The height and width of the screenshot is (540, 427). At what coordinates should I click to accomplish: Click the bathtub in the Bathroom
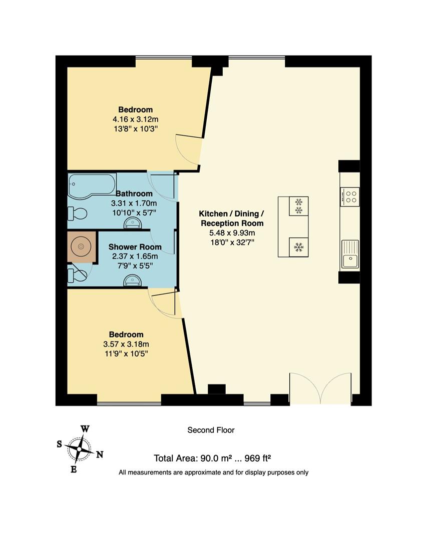coord(92,185)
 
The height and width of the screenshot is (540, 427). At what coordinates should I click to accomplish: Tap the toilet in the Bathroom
coord(77,213)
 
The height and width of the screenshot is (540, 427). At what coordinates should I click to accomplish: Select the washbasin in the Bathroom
coord(133,223)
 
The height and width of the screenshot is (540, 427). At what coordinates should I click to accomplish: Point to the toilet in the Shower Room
coord(77,275)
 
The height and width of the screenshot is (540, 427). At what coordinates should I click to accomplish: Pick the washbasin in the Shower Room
coord(133,280)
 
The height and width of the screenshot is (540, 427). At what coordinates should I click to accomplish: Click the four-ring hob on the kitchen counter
coord(350,197)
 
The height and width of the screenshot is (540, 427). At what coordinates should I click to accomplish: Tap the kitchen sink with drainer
coord(350,254)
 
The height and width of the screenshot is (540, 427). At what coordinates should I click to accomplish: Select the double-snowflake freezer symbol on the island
coord(298,206)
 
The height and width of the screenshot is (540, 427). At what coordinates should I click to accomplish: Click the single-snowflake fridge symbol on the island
coord(298,247)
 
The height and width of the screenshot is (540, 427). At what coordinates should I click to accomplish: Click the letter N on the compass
coord(100,455)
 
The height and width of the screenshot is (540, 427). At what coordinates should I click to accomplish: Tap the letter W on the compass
coord(85,429)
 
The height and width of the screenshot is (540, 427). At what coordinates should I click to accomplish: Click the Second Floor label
coord(211,430)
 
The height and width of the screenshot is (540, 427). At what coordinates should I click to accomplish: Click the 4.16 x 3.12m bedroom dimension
coord(136,119)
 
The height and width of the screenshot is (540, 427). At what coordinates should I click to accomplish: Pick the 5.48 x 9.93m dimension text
coord(232,233)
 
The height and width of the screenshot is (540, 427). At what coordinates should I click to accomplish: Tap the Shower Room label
coord(135,247)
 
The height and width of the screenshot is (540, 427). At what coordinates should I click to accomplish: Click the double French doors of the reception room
coord(320,388)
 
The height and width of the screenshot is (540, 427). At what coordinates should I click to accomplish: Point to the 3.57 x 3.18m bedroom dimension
coord(126,344)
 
